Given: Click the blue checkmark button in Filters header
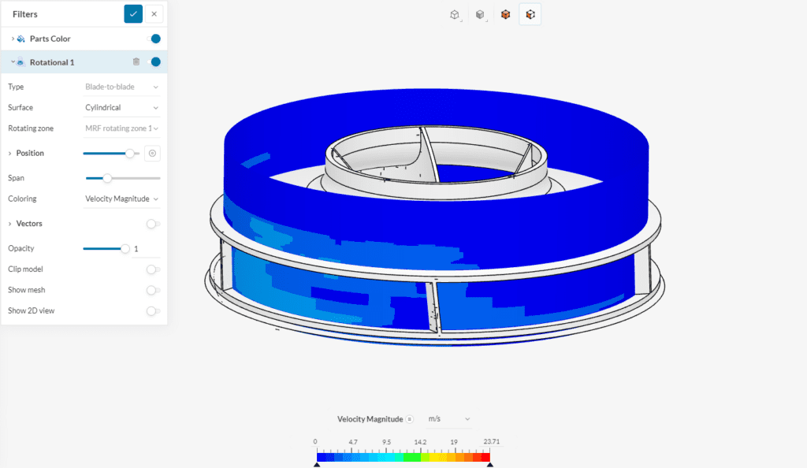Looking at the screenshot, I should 133,14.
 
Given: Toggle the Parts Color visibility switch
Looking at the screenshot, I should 155,39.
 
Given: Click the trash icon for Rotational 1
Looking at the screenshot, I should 136,62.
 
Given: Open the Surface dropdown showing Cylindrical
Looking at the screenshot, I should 122,107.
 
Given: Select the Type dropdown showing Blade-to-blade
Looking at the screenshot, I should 122,87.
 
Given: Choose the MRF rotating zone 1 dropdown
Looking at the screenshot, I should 122,128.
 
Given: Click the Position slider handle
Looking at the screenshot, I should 130,154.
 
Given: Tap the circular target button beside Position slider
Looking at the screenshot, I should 153,154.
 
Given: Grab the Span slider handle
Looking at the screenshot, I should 107,178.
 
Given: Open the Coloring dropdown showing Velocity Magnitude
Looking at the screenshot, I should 122,199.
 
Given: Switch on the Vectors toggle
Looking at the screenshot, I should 153,224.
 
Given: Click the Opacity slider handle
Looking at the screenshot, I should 125,249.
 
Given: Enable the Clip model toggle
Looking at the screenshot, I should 153,269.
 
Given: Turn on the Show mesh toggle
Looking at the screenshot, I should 153,290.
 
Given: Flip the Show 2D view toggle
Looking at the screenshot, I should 153,310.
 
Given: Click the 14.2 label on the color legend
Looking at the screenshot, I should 420,442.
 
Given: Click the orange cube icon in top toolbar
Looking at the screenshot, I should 506,14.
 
